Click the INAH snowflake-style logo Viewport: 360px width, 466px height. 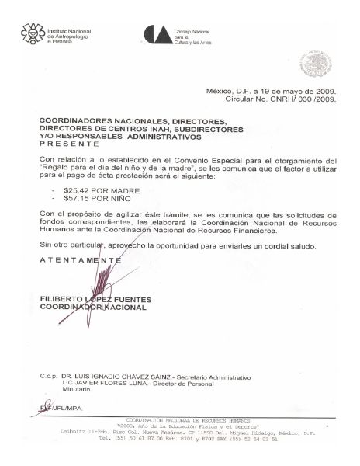point(31,34)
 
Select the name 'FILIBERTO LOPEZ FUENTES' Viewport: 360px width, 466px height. point(95,299)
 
